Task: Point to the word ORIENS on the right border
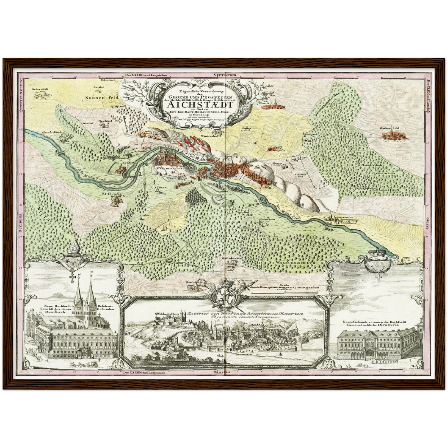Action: click(x=427, y=224)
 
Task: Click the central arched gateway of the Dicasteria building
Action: click(x=371, y=353)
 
